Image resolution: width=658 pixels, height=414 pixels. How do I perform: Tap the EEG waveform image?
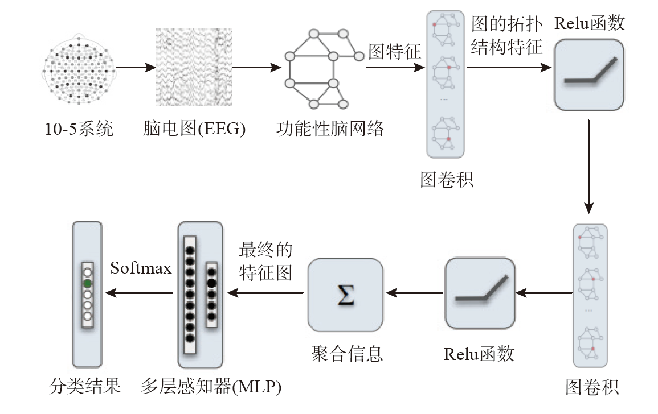coord(194,68)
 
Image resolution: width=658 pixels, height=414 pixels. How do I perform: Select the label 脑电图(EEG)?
coord(194,129)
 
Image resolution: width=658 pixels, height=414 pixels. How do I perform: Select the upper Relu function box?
coord(589,74)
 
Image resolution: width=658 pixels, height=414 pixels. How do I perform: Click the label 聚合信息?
coord(347,354)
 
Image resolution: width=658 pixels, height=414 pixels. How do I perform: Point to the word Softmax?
coord(141,268)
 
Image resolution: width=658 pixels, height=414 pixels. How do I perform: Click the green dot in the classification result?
coord(87,283)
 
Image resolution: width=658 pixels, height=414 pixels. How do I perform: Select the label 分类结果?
coord(85,387)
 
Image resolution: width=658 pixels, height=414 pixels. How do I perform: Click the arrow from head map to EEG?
coord(136,68)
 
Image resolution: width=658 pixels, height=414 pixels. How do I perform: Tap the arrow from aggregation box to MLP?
coord(265,293)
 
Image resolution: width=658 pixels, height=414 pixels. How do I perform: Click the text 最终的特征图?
coord(266,261)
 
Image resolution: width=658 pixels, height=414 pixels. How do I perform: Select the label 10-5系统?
coord(79,129)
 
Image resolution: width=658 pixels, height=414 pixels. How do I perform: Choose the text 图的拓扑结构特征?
coord(507,35)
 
